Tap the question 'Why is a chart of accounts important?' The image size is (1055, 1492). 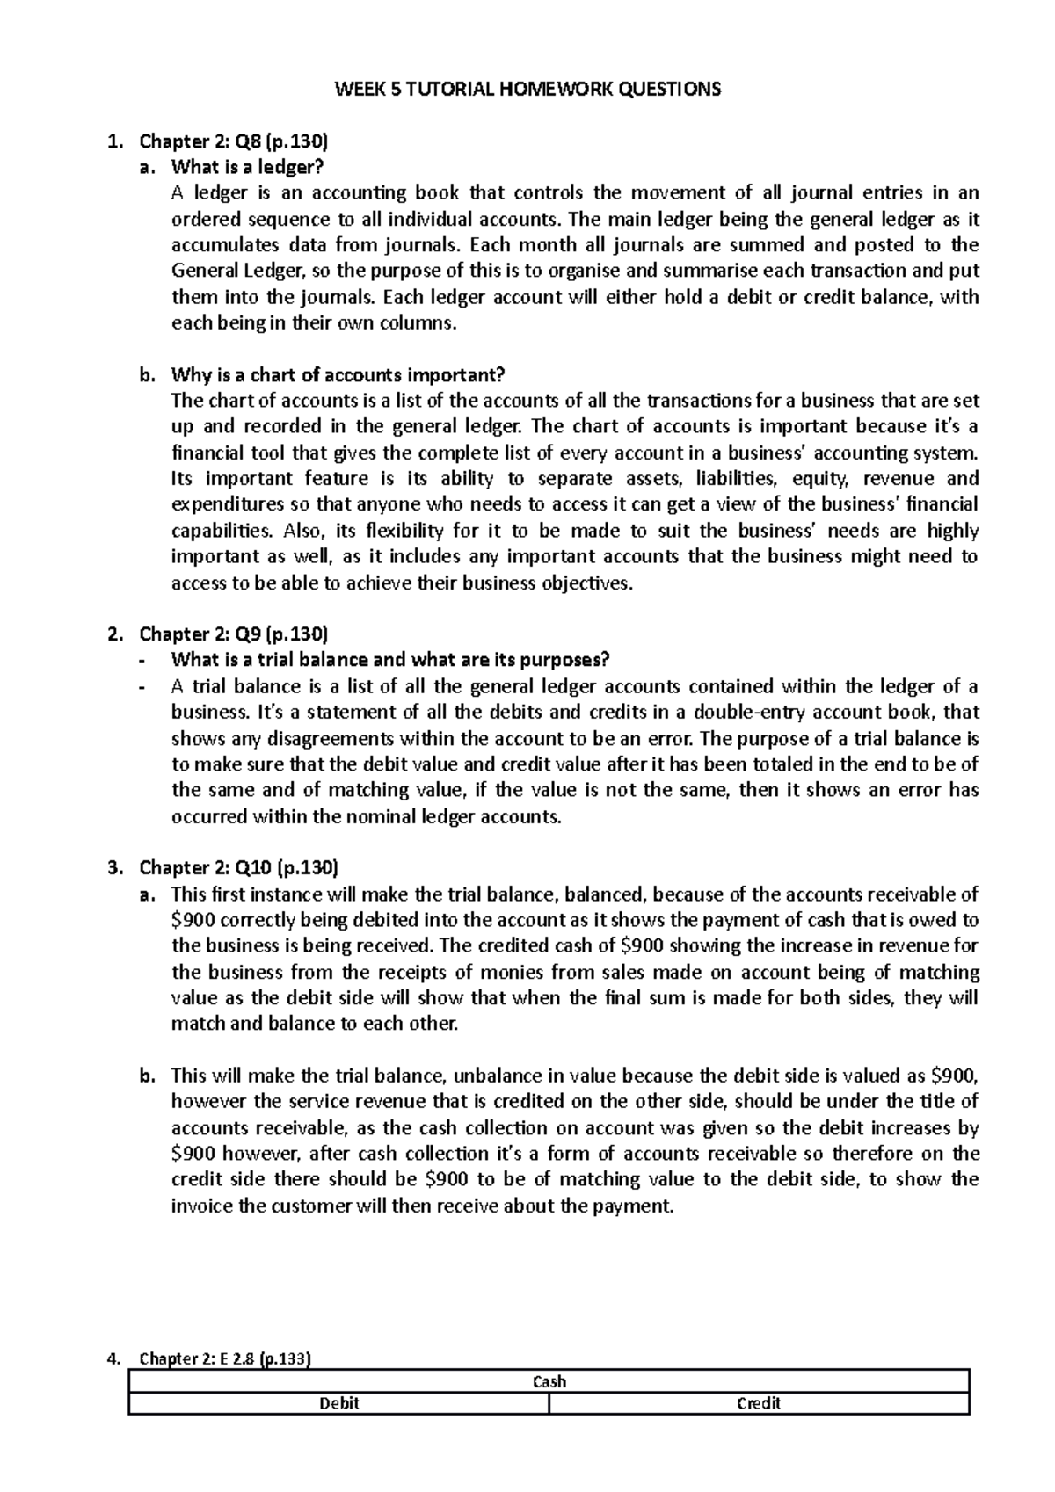coord(338,375)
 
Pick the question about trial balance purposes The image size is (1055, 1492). coord(389,660)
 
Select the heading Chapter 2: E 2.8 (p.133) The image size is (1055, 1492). coord(225,1358)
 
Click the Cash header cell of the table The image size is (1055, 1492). coord(549,1381)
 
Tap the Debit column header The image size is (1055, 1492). coord(339,1403)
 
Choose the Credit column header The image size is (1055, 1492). coord(759,1403)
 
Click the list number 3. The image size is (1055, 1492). coord(111,868)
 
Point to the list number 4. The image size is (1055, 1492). coord(111,1358)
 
